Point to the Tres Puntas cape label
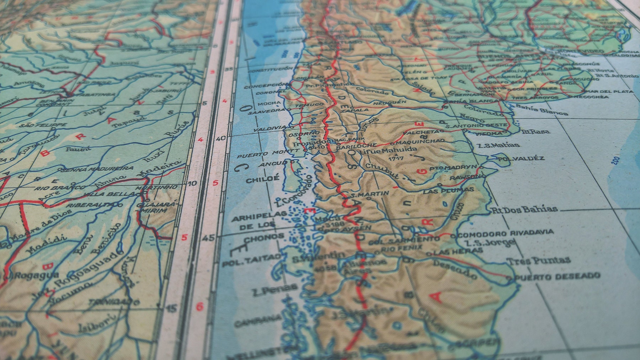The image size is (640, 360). [538, 260]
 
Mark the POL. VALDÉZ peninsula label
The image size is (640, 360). [521, 158]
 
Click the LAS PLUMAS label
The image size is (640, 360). [448, 190]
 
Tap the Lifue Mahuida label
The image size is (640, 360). [388, 150]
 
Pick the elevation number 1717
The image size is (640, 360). [396, 158]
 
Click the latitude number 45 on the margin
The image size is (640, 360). [210, 237]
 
